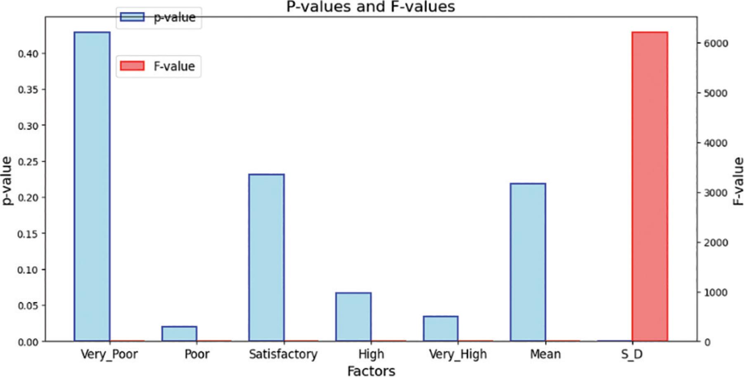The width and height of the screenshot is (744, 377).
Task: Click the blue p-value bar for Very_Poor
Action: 92,186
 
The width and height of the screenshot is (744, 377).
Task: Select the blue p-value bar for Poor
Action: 179,334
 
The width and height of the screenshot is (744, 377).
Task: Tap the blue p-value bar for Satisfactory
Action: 266,258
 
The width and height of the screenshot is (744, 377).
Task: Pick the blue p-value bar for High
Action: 353,317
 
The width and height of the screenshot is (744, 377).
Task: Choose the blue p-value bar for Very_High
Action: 441,329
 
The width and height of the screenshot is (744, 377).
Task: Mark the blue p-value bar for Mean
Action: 528,262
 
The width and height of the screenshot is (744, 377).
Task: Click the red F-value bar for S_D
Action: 649,186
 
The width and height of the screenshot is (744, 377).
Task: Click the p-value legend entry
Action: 159,17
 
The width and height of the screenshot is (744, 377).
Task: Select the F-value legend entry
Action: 159,66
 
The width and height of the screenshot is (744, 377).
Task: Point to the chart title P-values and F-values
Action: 370,7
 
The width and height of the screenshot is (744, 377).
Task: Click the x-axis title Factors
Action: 371,370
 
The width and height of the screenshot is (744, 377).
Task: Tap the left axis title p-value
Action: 7,181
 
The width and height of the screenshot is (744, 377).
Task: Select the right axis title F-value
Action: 738,181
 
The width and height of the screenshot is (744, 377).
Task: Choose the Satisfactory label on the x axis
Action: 283,354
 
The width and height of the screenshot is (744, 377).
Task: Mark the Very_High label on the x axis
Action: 458,354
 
